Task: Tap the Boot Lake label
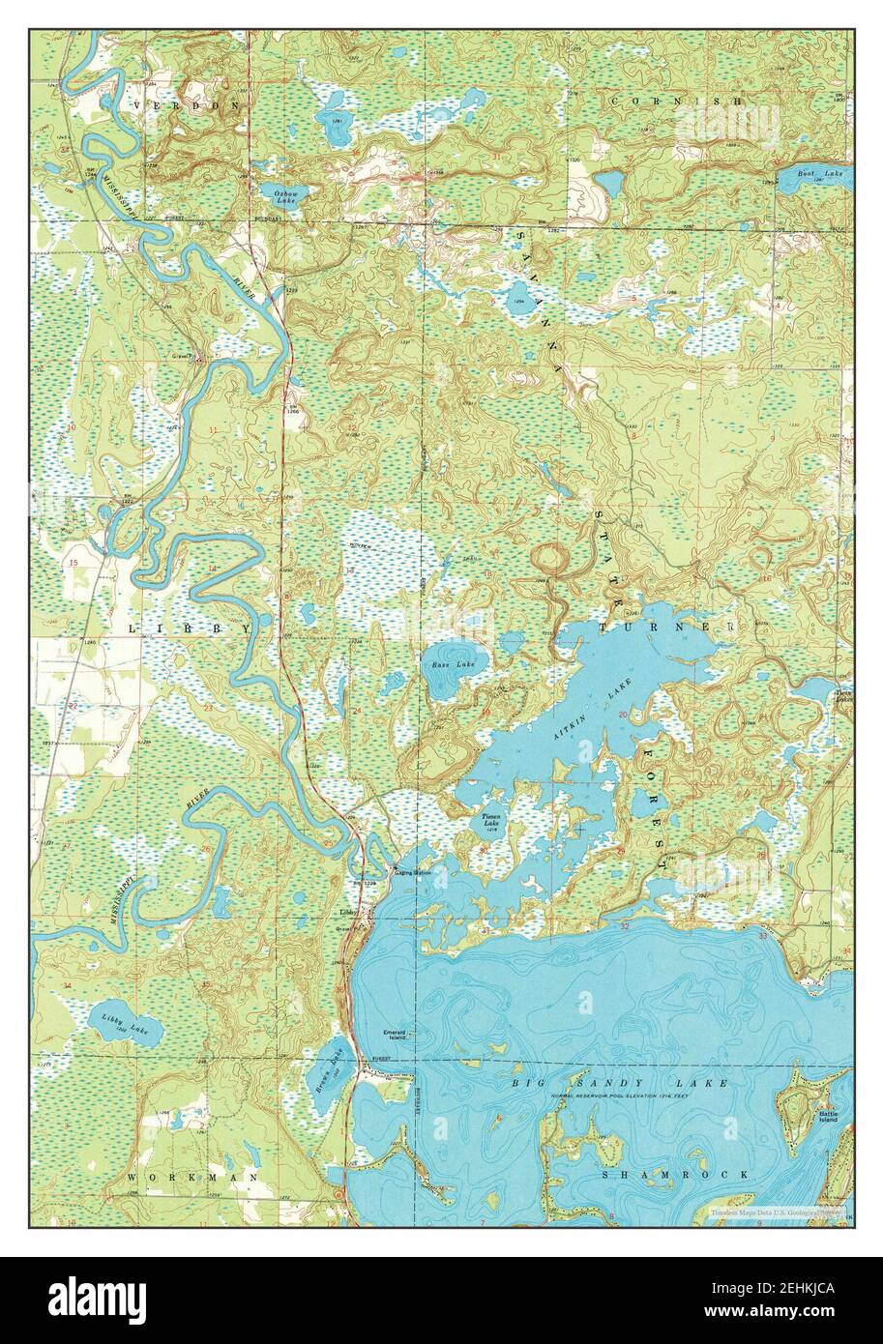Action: [799, 173]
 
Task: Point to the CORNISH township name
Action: [677, 101]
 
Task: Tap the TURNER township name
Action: [667, 628]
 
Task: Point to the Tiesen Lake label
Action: [491, 822]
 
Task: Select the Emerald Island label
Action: [395, 1035]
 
